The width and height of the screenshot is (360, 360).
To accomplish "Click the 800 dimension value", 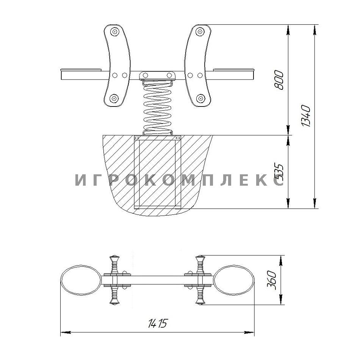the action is (x=279, y=80).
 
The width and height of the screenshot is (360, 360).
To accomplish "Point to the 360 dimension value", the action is (x=272, y=280).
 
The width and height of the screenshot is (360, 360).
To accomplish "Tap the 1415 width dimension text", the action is (x=158, y=323).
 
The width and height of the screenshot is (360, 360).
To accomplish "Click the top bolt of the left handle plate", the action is (x=114, y=31).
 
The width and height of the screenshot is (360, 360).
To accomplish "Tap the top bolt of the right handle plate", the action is (x=200, y=31).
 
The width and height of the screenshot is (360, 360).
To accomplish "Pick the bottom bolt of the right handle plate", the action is (x=200, y=99).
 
